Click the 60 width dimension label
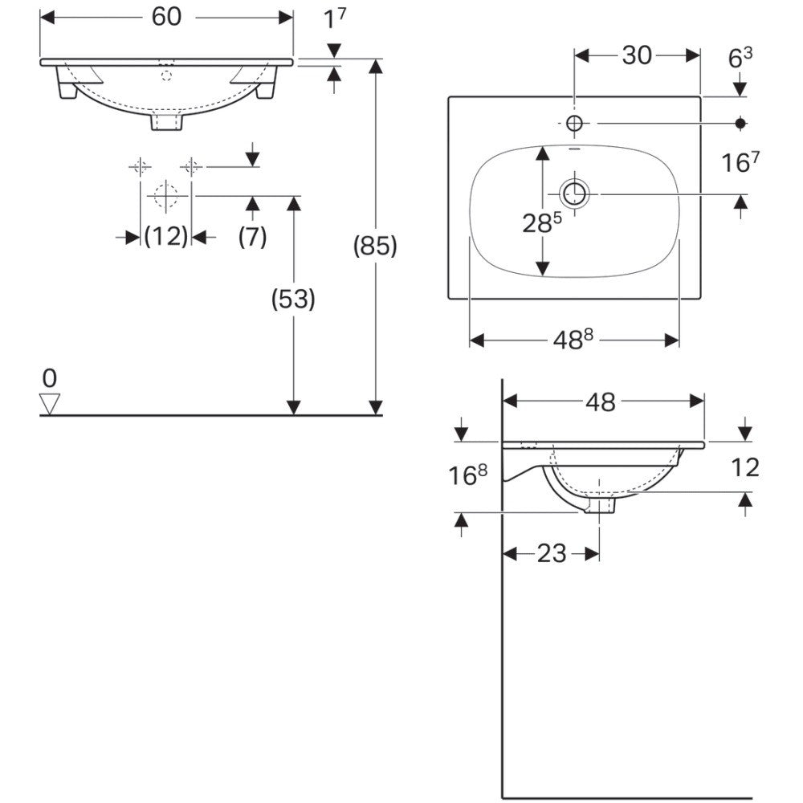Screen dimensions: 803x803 (166, 17)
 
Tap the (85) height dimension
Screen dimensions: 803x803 (375, 247)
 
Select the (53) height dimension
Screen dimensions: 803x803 (293, 299)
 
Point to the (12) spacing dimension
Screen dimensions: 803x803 (166, 237)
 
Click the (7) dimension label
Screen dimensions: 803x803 (252, 237)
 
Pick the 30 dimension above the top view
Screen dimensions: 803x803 (637, 55)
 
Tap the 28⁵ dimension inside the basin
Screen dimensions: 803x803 (542, 222)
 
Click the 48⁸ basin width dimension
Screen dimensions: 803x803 (573, 340)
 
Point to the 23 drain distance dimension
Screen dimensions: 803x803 (552, 553)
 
